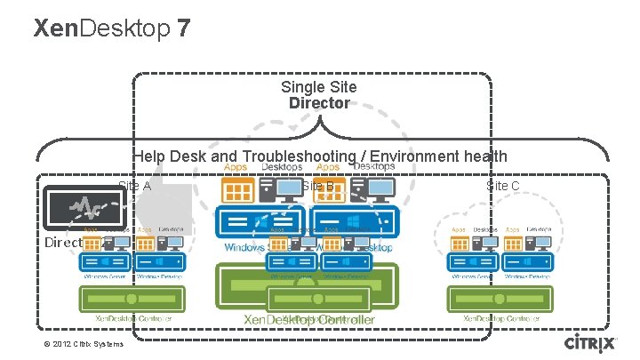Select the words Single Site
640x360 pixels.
tap(319, 87)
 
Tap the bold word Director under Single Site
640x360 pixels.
tap(319, 103)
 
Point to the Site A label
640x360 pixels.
tap(134, 186)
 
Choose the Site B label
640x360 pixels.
tap(317, 186)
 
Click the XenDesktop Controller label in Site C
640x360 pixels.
tap(501, 316)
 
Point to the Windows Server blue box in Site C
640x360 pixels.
tap(473, 262)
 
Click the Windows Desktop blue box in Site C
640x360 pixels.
tap(528, 262)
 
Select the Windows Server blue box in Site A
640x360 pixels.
tap(105, 262)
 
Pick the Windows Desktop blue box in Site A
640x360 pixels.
tap(160, 262)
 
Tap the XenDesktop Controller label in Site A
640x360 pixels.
tap(133, 316)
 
